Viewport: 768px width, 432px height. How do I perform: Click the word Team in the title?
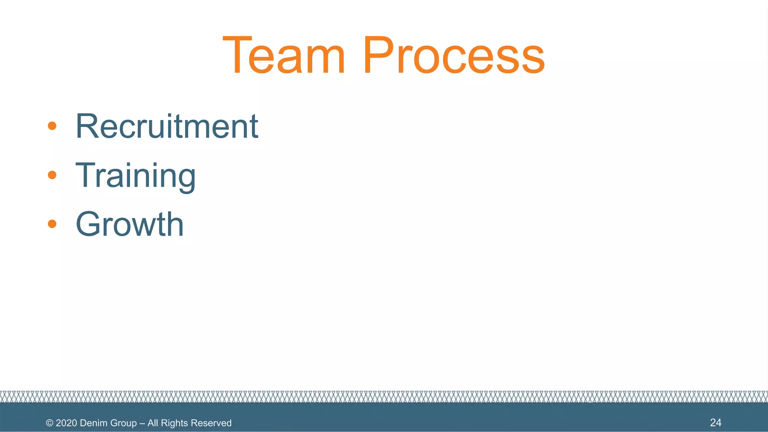click(283, 55)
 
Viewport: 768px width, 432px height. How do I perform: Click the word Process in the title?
click(453, 55)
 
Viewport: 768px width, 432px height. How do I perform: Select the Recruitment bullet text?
click(167, 126)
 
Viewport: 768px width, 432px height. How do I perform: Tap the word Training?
click(135, 175)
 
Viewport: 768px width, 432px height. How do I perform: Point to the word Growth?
click(130, 224)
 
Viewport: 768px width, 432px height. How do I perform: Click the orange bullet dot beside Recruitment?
click(52, 126)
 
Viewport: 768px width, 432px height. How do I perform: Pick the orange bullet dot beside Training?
click(52, 175)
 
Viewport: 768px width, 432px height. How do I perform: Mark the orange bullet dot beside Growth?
click(52, 224)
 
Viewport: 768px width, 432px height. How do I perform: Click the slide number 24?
click(715, 423)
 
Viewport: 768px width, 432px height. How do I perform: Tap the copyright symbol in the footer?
click(49, 423)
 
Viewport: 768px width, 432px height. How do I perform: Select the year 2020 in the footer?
click(66, 423)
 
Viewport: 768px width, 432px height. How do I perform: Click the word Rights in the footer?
click(174, 423)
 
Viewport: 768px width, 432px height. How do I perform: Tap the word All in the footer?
click(153, 423)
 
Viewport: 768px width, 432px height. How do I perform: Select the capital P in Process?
click(378, 55)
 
